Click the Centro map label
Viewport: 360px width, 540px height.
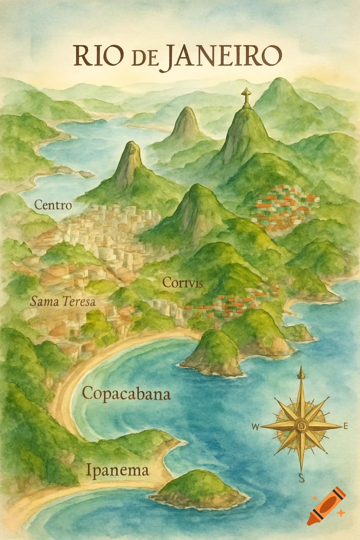pos(53,205)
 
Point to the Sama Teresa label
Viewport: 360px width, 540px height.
pos(63,301)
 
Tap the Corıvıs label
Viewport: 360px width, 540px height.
pos(183,282)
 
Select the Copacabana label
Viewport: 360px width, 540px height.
pos(126,394)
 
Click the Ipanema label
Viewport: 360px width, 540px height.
pos(117,470)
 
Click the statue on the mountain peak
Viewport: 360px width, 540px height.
pos(246,97)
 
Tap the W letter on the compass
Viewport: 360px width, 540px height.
pos(256,427)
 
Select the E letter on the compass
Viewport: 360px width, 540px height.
pos(346,426)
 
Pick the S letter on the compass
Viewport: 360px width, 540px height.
pos(301,478)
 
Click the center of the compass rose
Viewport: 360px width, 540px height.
pos(301,426)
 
